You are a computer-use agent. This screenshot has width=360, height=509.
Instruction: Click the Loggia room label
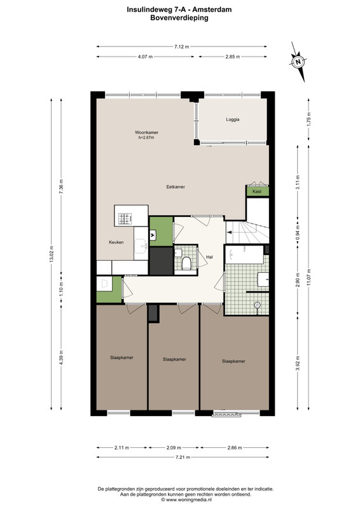[x=233, y=120]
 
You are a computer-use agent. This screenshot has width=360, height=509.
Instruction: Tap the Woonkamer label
[x=146, y=132]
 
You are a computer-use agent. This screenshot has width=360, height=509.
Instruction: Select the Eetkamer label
[x=176, y=186]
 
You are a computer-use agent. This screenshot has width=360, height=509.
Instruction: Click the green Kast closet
[x=257, y=192]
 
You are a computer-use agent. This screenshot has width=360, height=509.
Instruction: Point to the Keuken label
[x=116, y=242]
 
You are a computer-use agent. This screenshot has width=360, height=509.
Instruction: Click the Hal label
[x=209, y=257]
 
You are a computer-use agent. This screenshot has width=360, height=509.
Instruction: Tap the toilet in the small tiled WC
[x=186, y=263]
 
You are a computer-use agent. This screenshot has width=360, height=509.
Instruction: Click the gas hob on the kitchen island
[x=125, y=218]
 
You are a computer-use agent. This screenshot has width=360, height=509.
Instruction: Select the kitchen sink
[x=141, y=246]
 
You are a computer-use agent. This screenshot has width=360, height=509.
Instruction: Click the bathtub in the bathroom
[x=244, y=255]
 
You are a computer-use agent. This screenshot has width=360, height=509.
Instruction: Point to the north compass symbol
[x=298, y=62]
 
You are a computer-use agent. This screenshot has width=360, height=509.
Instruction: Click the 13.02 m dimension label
[x=52, y=254]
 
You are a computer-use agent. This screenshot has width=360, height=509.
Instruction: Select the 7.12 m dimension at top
[x=181, y=46]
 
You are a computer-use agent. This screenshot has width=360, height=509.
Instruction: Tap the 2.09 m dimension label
[x=174, y=448]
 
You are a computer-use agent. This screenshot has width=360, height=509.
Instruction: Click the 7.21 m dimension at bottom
[x=183, y=457]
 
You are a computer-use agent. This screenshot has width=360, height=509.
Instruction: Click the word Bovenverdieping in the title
[x=179, y=18]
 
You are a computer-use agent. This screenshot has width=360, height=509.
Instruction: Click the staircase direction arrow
[x=230, y=232]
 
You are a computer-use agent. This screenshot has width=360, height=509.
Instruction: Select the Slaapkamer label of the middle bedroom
[x=174, y=359]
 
